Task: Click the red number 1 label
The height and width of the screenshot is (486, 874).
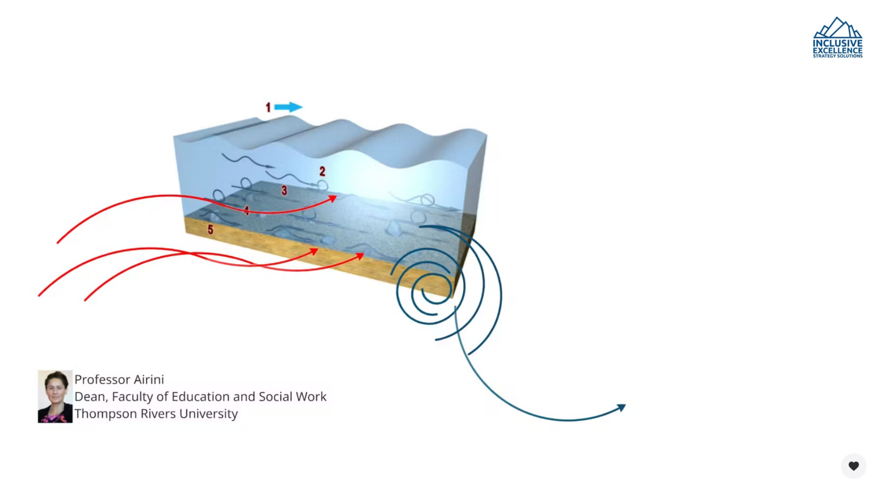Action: pyautogui.click(x=268, y=107)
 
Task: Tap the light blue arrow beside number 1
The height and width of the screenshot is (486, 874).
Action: pyautogui.click(x=288, y=107)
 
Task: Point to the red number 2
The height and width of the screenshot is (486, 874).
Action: pyautogui.click(x=322, y=171)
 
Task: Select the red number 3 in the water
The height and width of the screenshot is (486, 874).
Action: pyautogui.click(x=284, y=190)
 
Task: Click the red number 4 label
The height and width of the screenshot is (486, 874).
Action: pyautogui.click(x=247, y=210)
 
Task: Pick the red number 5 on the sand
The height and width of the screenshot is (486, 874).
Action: pyautogui.click(x=210, y=229)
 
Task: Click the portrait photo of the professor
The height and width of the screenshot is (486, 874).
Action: pyautogui.click(x=55, y=396)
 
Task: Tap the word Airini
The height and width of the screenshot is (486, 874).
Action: pyautogui.click(x=149, y=380)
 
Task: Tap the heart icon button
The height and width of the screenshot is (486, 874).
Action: pyautogui.click(x=853, y=466)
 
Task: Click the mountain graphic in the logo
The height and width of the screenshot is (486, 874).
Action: pyautogui.click(x=837, y=28)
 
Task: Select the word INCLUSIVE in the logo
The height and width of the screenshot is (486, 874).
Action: pyautogui.click(x=837, y=44)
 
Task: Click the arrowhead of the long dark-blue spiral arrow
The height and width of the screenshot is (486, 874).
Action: pyautogui.click(x=622, y=407)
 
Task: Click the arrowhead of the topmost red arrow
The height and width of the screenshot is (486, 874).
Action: pyautogui.click(x=333, y=199)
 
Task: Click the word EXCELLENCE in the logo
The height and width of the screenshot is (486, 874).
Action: pyautogui.click(x=837, y=51)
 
